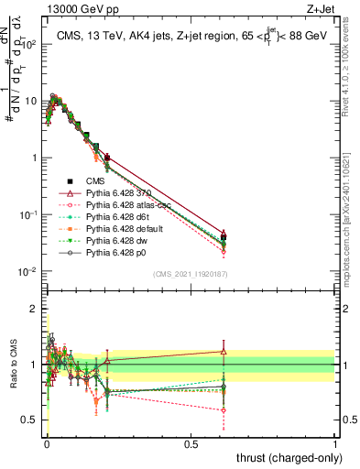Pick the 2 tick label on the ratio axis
tap(36, 309)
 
